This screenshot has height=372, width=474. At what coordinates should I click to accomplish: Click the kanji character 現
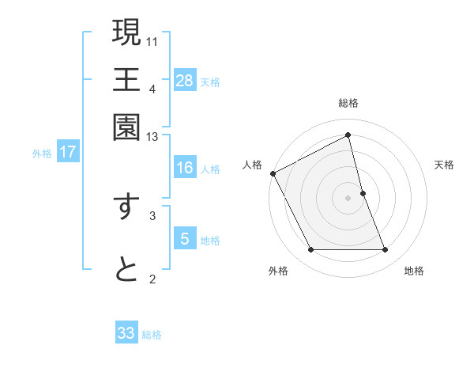(x=126, y=33)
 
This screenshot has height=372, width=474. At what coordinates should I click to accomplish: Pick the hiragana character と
(x=126, y=269)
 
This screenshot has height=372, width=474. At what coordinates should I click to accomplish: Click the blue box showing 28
(x=185, y=81)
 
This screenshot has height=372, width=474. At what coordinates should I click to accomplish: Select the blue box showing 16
(x=185, y=168)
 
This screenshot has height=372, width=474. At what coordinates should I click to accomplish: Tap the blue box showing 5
(x=185, y=239)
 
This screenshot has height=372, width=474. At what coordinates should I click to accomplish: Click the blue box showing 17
(x=68, y=153)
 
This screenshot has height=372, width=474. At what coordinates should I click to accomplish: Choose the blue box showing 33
(x=126, y=333)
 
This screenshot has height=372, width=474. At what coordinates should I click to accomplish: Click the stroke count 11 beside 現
(x=152, y=40)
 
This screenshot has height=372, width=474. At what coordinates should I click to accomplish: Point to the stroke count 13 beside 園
(x=152, y=137)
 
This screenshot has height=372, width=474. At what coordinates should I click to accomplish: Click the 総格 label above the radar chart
(x=348, y=103)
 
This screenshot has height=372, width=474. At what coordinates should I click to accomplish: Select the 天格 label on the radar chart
(x=444, y=165)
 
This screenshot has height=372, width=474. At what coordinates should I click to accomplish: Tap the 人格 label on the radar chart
(x=253, y=165)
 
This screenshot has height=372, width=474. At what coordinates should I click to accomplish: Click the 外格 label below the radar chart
(x=278, y=271)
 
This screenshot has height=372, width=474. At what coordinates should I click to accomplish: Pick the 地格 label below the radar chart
(x=414, y=271)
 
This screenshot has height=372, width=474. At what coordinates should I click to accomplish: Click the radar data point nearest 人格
(x=273, y=173)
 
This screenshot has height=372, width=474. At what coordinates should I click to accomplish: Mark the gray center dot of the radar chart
(x=348, y=197)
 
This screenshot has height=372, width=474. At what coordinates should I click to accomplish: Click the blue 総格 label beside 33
(x=152, y=335)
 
